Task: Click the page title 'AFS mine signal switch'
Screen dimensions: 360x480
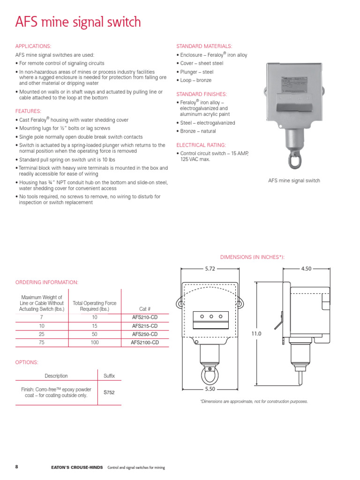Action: pos(78,22)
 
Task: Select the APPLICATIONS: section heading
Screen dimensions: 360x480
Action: pos(33,46)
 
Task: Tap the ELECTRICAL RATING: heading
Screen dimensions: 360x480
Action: pos(201,145)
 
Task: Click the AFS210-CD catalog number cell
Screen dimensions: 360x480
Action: pos(145,317)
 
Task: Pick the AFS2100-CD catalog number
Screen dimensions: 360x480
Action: pos(145,342)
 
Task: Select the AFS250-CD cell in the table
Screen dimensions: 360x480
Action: pos(145,334)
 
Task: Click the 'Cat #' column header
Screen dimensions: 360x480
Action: pos(145,309)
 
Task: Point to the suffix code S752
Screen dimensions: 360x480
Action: pos(109,392)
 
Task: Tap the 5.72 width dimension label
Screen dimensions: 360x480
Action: pos(210,269)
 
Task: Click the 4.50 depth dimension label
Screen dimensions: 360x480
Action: pos(306,269)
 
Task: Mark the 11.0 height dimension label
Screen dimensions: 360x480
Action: pos(256,333)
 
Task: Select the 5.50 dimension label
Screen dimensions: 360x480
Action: pos(210,389)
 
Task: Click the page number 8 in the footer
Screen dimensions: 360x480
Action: pos(17,467)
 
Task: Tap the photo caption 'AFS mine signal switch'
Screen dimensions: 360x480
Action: pos(294,180)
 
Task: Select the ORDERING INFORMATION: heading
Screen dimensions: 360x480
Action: pos(47,282)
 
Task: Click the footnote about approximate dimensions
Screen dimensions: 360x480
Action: pos(254,402)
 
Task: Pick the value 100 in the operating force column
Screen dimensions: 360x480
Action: pos(94,342)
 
